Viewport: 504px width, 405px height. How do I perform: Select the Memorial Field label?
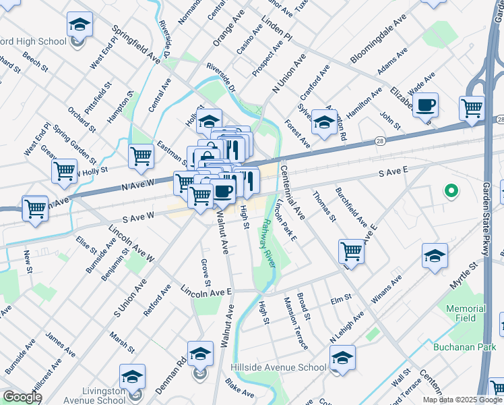(x=466, y=313)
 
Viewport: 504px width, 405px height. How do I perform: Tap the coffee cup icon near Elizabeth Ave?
(x=426, y=106)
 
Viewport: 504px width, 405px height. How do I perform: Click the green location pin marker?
(x=451, y=191)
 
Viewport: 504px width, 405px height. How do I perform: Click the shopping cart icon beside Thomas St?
(x=352, y=251)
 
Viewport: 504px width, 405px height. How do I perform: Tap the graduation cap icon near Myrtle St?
(x=435, y=256)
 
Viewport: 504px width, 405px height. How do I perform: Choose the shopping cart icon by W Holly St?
(x=65, y=170)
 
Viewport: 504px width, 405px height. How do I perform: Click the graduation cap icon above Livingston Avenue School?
(x=133, y=377)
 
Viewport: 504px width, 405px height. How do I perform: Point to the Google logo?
(x=22, y=398)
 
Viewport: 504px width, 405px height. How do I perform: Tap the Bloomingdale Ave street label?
(x=379, y=46)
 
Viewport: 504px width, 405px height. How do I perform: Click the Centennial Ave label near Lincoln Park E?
(x=293, y=193)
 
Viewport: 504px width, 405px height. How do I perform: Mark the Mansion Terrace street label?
(x=296, y=323)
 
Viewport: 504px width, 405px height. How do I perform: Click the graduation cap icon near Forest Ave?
(x=324, y=123)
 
